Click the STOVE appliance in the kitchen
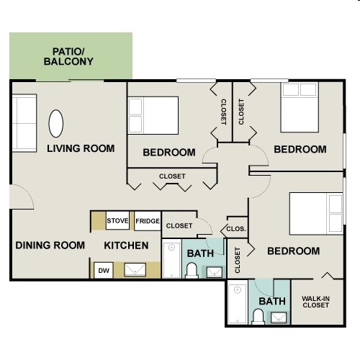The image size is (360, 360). coord(117,220)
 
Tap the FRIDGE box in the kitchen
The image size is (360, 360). coord(148,221)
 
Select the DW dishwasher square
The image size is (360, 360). coord(104,270)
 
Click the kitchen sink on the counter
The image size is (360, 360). coord(135,269)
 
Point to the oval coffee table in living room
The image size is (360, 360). coord(56,124)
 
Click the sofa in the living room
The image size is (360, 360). coord(24,123)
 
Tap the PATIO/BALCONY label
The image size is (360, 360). coord(68,56)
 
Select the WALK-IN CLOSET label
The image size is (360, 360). coord(315,302)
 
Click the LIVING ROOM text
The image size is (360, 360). coord(81,148)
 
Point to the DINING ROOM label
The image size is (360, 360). coord(50,246)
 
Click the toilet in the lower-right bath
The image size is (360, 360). coord(258,317)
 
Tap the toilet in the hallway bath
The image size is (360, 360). coord(192,271)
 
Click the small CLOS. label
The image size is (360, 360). coord(236,229)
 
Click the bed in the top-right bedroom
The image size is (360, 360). coord(300,107)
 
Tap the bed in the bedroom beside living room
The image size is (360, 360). coord(153,115)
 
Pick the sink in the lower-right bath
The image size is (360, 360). coord(279,318)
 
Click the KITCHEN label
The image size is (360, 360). coord(126,246)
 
